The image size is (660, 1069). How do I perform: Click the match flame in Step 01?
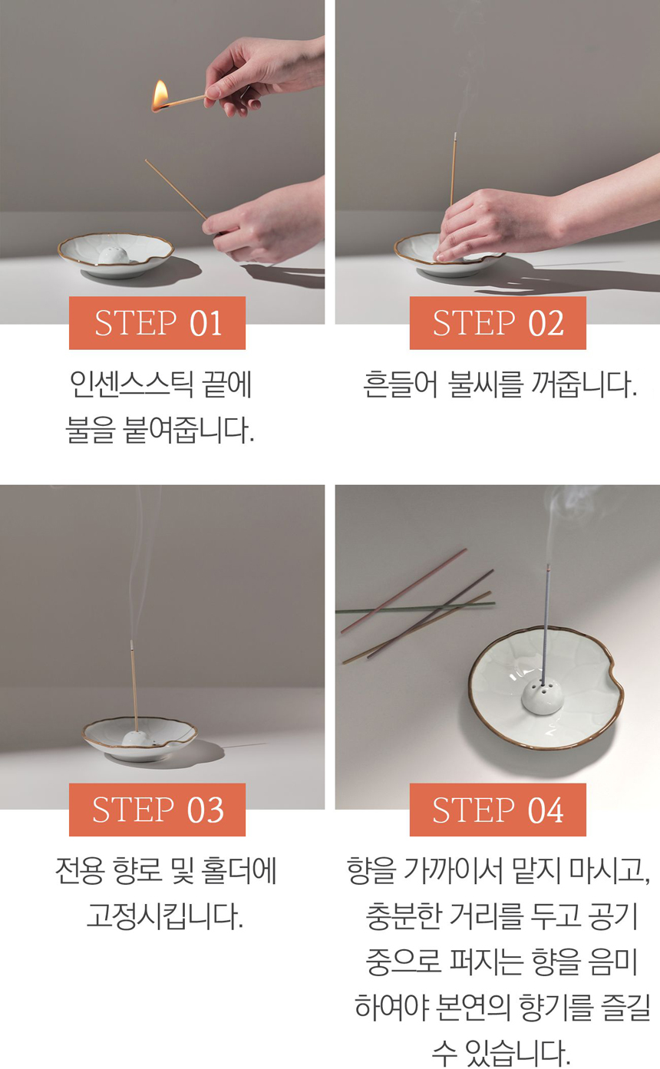(160, 95)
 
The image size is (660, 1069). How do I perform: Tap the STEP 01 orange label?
(157, 323)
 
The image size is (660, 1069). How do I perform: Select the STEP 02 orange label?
(498, 323)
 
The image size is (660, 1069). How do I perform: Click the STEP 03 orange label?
(157, 810)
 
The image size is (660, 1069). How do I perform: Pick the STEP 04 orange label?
(498, 810)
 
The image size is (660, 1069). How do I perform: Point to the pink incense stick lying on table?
(404, 592)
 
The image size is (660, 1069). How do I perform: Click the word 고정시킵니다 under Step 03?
(165, 917)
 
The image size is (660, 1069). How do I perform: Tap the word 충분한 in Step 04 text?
(403, 917)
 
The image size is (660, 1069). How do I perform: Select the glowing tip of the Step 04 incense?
(548, 568)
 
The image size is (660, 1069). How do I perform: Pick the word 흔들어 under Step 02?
(401, 384)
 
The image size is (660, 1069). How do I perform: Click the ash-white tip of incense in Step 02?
(455, 137)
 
